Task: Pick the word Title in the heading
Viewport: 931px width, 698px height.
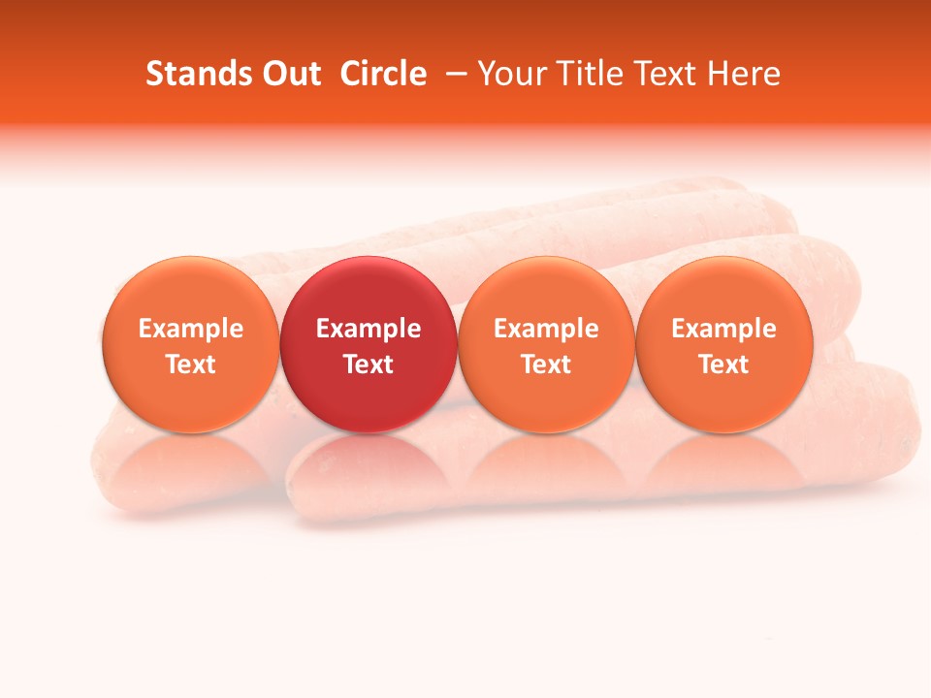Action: (592, 74)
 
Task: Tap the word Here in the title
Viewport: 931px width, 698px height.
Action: (743, 74)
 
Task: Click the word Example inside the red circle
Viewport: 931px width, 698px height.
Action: (369, 329)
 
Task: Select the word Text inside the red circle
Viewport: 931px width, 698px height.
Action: (369, 365)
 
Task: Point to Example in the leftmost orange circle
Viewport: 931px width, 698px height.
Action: (191, 329)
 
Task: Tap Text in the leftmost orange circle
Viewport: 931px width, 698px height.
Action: (191, 365)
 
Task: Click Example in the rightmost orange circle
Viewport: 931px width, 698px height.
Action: (724, 329)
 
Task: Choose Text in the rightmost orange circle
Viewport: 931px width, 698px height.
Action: (724, 365)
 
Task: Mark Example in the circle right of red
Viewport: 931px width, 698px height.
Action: (546, 329)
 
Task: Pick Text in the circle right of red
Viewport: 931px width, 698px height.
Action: (546, 365)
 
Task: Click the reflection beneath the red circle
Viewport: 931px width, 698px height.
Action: (369, 460)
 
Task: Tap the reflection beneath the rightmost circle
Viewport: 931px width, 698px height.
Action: (724, 460)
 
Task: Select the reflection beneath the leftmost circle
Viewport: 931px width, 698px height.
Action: (191, 460)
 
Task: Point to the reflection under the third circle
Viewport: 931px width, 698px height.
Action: (546, 460)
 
